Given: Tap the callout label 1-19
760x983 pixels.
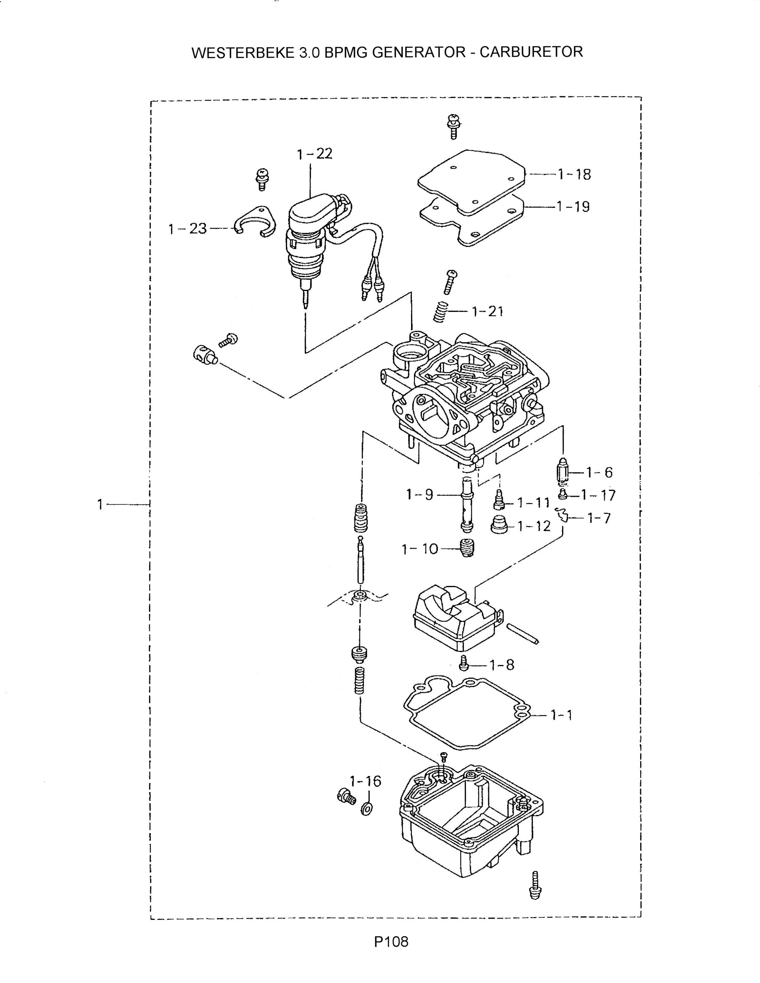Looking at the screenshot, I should tap(573, 207).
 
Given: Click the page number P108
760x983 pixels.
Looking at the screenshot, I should tap(391, 942).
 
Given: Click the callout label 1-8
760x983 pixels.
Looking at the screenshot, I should tap(502, 665).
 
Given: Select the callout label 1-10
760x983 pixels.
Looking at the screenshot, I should tap(420, 549).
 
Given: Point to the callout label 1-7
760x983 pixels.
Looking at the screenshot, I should tap(599, 519).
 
